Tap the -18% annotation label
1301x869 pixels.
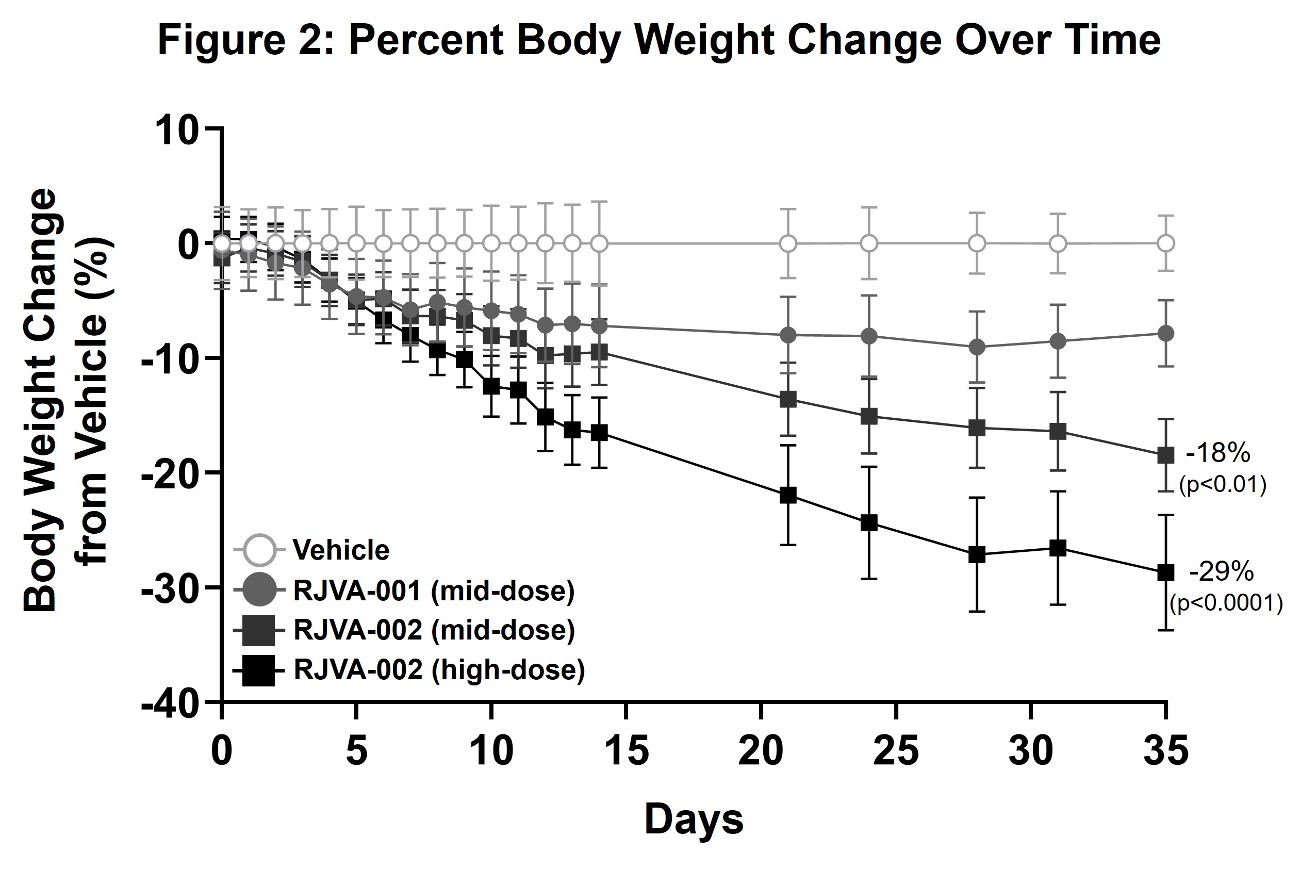point(1218,453)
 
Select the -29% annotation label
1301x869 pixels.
point(1221,571)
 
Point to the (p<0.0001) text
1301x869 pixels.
point(1226,603)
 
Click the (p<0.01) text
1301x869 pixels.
point(1222,485)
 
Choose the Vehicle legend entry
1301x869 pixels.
point(340,550)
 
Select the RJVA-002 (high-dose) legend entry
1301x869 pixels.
point(439,669)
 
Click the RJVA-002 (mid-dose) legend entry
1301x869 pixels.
point(433,630)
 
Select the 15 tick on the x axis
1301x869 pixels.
point(626,751)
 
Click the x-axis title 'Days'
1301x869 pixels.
point(694,819)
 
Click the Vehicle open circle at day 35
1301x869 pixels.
point(1166,243)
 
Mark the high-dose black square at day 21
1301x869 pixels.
point(788,495)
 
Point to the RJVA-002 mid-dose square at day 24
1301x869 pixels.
point(869,416)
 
